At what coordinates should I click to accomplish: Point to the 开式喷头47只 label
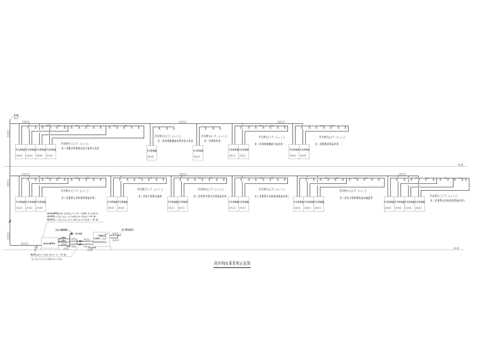[x=213, y=136]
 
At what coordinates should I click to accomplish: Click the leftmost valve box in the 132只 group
[x=20, y=153]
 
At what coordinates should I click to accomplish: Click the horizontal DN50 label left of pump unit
[x=25, y=243]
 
